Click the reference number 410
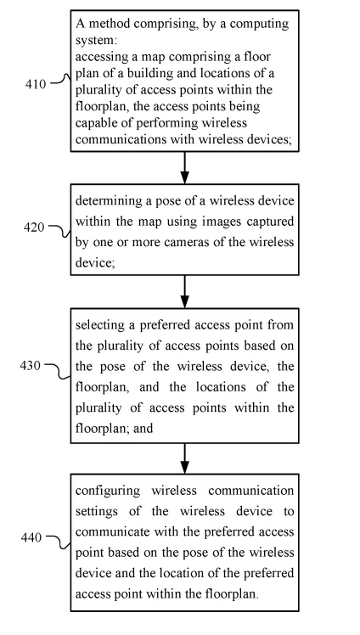36,84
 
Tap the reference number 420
34,228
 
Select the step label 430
31,366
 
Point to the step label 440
31,537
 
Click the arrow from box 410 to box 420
184,167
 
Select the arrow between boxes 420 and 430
184,291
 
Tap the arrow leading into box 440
184,458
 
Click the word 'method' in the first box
110,24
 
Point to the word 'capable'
96,123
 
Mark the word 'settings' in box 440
97,512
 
